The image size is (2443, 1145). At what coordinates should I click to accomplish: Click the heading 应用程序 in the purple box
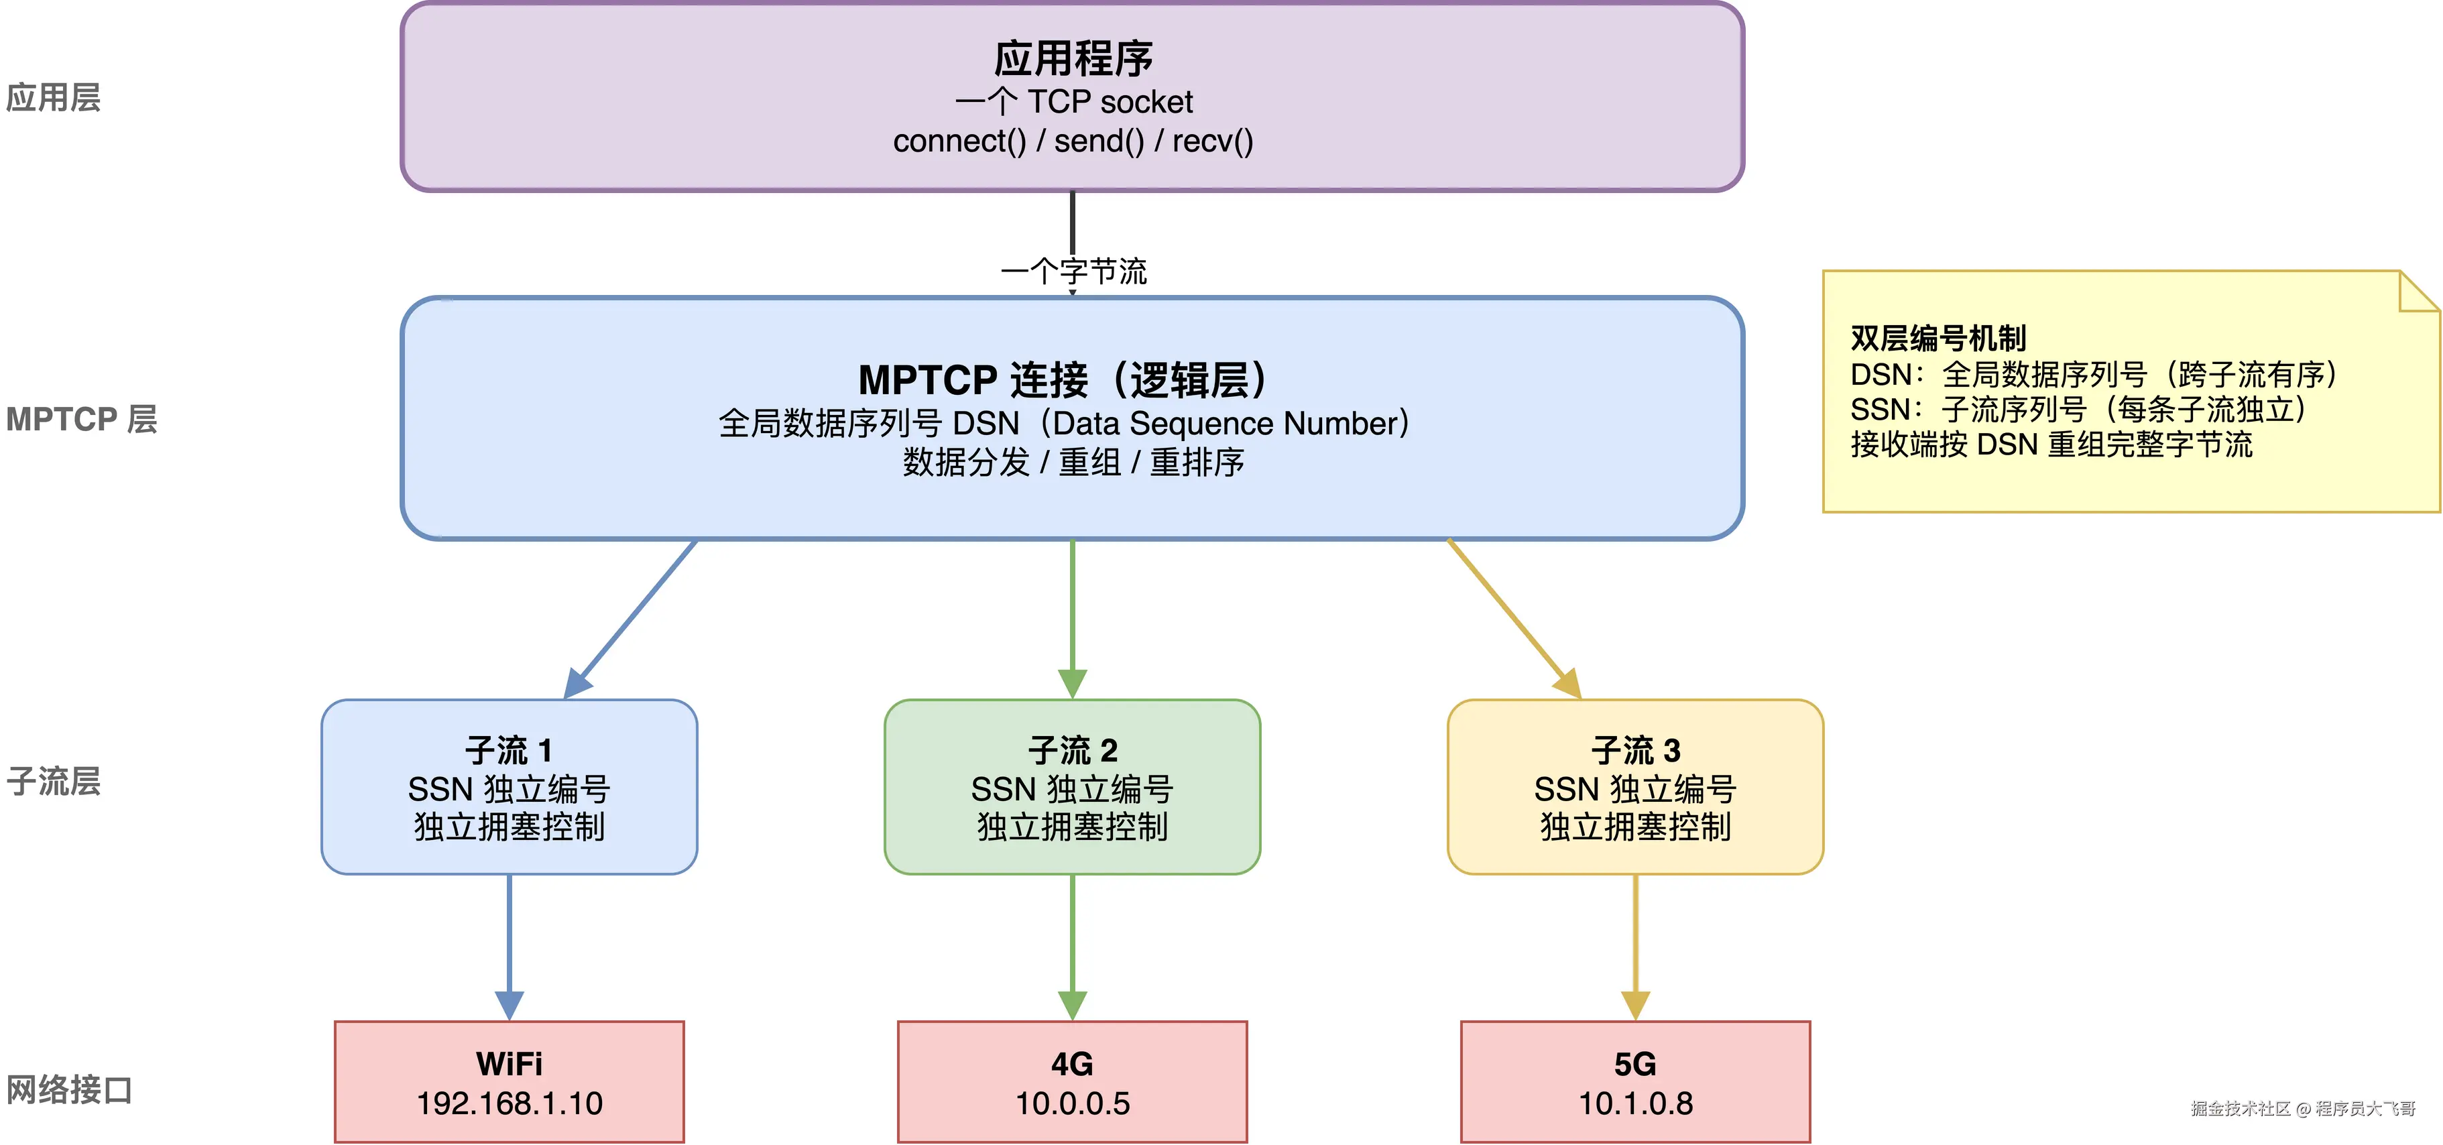coord(1073,59)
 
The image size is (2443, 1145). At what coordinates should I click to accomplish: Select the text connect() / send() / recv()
coord(1073,141)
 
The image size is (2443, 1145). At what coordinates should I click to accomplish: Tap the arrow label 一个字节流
coord(1073,272)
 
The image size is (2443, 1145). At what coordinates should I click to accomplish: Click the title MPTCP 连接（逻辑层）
coord(1063,379)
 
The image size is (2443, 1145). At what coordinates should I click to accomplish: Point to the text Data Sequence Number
coord(1224,423)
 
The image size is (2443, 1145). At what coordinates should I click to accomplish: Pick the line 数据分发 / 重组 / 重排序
coord(1073,463)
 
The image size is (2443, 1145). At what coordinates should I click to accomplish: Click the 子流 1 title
coord(510,750)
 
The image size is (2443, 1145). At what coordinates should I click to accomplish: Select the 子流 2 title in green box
coord(1073,750)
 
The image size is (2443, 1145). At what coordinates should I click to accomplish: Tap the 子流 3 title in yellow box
coord(1635,750)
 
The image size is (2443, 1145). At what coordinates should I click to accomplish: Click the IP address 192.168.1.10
coord(510,1103)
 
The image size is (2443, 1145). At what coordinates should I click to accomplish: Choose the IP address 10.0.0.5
coord(1073,1103)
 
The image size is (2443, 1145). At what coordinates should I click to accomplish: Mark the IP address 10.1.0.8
coord(1635,1103)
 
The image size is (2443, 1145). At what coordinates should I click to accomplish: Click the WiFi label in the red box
coord(510,1063)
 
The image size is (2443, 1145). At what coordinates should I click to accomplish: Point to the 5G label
coord(1635,1063)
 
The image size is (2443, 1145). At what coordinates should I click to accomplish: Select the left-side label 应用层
coord(53,98)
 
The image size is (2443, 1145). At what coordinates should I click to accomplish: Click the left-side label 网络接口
coord(68,1089)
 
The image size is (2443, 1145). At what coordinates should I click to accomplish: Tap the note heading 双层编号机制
coord(1938,338)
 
